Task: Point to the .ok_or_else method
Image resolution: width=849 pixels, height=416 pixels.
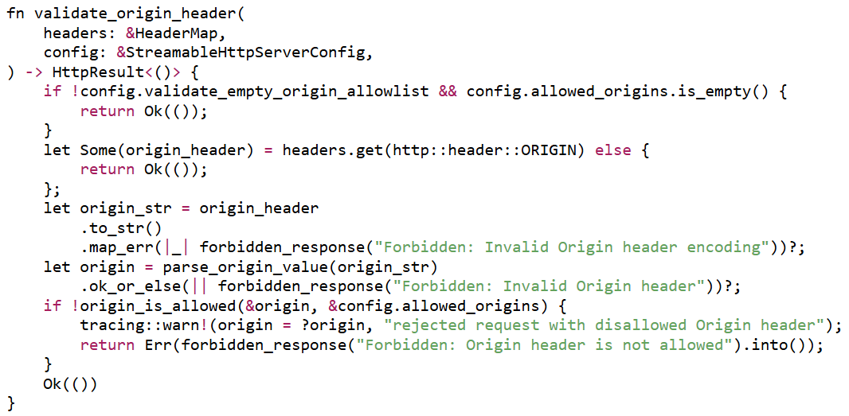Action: pyautogui.click(x=131, y=286)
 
